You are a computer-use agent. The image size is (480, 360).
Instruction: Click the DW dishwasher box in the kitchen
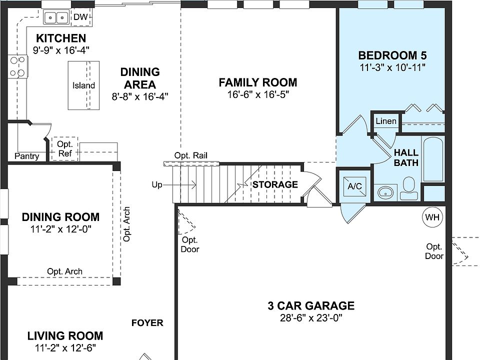pos(80,17)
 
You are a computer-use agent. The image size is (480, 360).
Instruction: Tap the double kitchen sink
pos(56,18)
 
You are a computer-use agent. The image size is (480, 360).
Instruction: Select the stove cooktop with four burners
pos(18,66)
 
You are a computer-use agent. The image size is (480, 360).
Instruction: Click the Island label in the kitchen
pos(83,85)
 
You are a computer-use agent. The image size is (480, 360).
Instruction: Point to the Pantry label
pos(26,156)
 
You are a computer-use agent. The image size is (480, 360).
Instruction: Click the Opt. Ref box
pos(65,149)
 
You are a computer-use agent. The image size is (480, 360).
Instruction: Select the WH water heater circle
pos(431,217)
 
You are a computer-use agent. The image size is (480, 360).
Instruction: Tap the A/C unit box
pos(354,186)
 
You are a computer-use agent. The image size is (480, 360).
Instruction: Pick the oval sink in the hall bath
pos(385,191)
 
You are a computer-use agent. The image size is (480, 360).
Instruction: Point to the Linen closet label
pos(385,121)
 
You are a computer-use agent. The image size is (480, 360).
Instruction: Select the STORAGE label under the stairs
pos(275,184)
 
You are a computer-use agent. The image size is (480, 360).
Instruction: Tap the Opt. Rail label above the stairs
pos(190,155)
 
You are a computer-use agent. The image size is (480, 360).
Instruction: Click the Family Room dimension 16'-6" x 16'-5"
pos(257,95)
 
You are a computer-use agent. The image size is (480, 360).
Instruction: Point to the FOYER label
pos(147,323)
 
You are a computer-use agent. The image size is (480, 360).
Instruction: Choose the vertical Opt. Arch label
pos(127,224)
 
